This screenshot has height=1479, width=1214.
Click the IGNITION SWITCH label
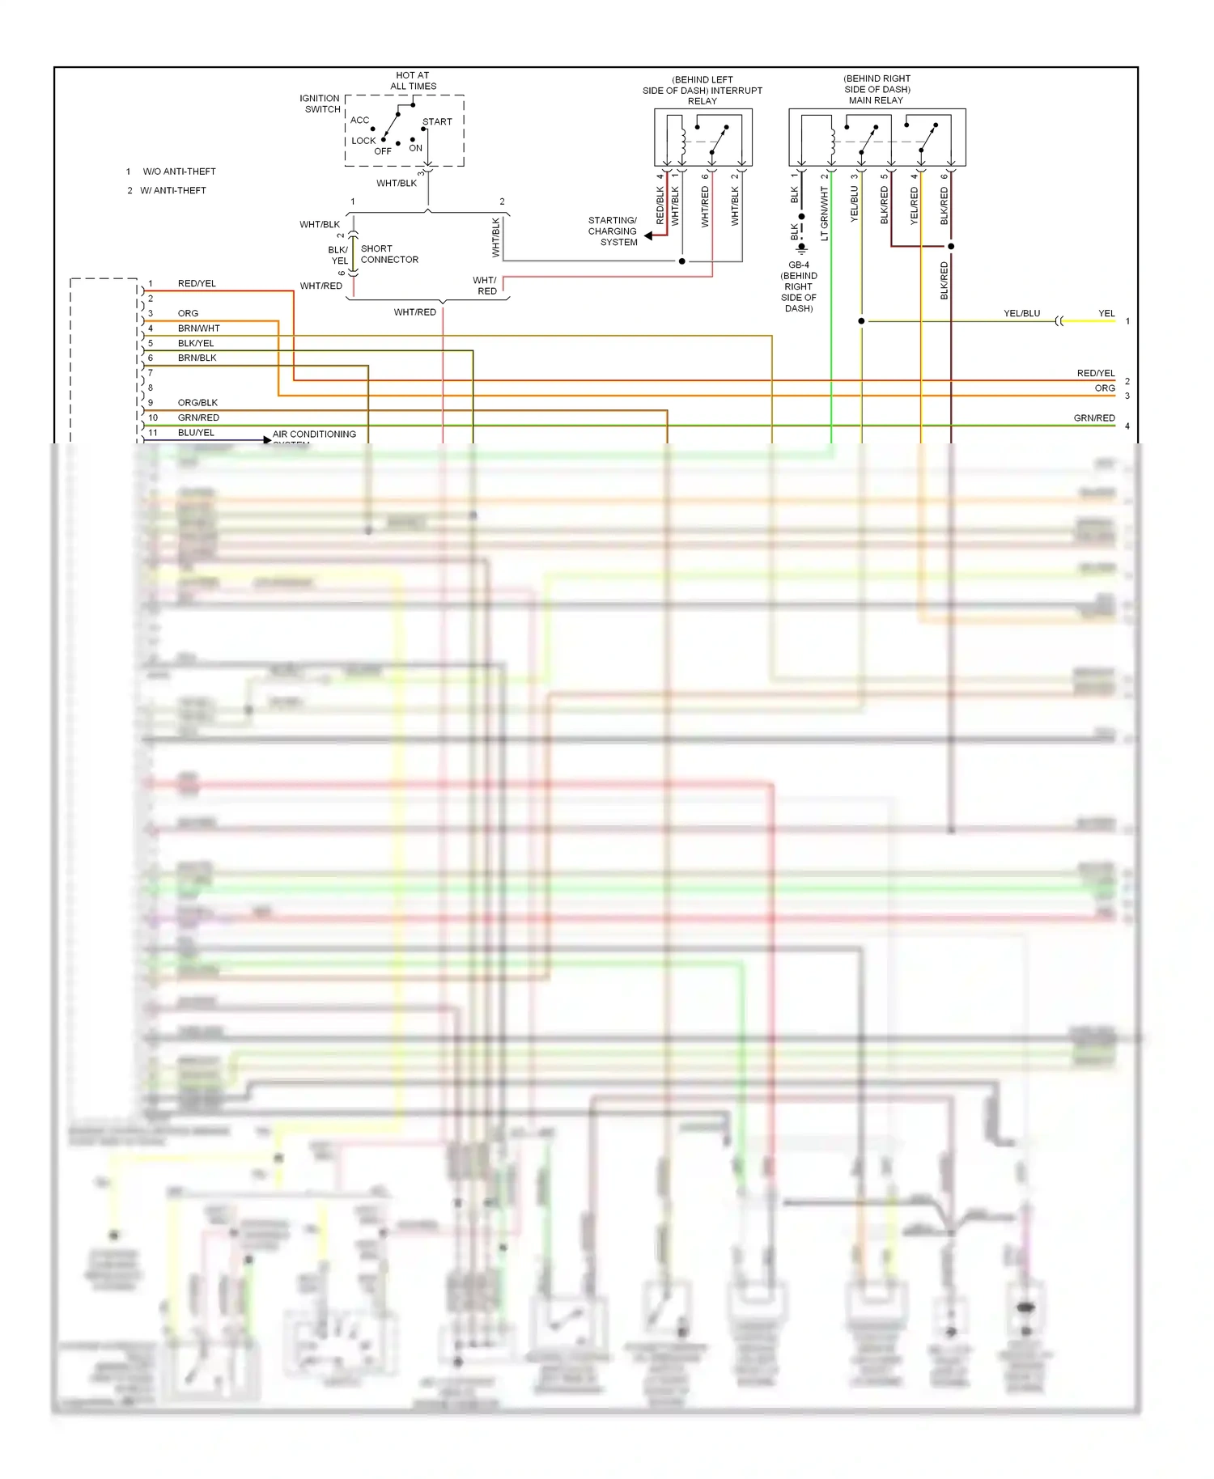point(320,104)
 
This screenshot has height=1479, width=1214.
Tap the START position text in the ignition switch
point(437,122)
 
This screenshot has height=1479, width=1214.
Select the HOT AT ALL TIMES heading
point(413,81)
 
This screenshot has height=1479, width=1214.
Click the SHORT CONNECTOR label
point(389,254)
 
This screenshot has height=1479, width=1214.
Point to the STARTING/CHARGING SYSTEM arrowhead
point(648,236)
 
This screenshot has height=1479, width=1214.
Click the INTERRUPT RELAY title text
point(703,91)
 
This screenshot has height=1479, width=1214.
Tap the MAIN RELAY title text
point(876,100)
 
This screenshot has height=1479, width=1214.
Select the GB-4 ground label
point(799,265)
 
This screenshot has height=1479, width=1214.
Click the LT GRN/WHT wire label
point(825,214)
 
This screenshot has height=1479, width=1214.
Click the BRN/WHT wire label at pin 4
point(199,328)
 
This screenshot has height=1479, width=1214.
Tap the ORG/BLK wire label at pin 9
point(197,403)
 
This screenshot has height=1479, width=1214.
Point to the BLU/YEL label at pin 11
point(196,433)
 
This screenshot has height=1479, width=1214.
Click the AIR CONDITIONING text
point(314,434)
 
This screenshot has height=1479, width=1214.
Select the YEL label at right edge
point(1106,314)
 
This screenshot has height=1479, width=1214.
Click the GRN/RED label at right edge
point(1094,418)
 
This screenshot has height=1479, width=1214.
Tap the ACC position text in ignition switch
point(359,121)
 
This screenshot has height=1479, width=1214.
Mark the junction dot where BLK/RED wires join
point(951,246)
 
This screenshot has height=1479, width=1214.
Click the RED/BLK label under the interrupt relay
point(660,206)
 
